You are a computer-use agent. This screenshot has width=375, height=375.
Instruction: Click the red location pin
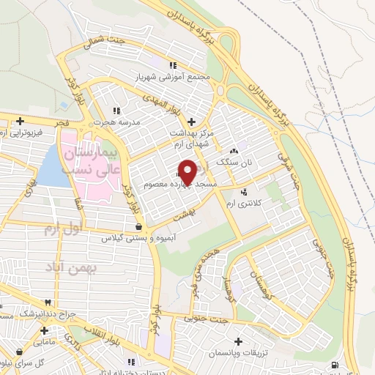coord(187,171)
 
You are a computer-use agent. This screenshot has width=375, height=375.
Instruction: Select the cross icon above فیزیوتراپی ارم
coord(21,121)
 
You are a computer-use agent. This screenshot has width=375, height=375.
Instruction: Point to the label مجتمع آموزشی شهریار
coord(174,75)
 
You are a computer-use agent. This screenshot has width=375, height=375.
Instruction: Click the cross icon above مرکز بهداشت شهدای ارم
coord(192,122)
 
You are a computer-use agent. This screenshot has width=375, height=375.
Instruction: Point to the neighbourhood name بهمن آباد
coord(73,269)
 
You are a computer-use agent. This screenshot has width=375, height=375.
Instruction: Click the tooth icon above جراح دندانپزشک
coord(48,301)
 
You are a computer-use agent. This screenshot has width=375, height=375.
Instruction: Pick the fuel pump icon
coord(335,365)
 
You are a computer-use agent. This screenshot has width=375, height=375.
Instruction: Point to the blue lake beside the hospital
coord(50,168)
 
